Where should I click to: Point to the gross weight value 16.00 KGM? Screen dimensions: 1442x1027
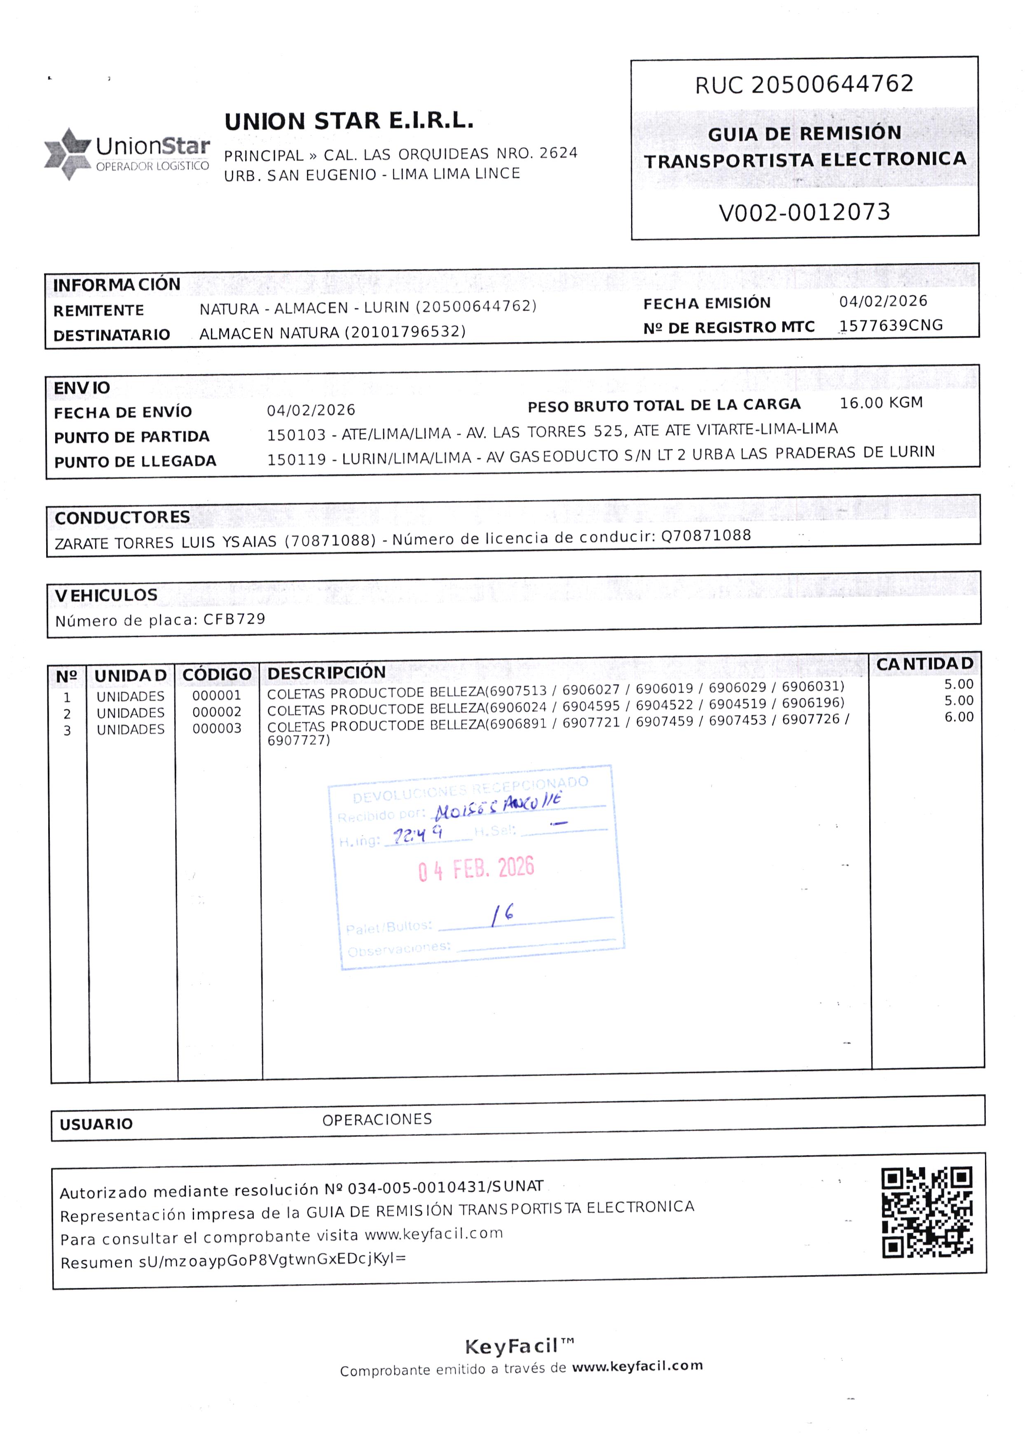(x=881, y=403)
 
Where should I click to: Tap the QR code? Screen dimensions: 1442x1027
(x=926, y=1212)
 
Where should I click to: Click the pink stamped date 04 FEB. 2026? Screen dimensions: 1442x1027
(x=475, y=869)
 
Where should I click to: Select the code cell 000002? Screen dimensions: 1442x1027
(x=217, y=712)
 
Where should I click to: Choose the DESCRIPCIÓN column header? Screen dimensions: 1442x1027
(x=326, y=673)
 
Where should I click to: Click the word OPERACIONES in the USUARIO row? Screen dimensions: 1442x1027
(x=377, y=1119)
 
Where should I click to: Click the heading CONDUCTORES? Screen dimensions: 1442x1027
(x=122, y=518)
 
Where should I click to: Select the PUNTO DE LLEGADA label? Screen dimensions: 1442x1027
(x=136, y=461)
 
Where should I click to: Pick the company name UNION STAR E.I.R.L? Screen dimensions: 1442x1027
(x=349, y=121)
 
